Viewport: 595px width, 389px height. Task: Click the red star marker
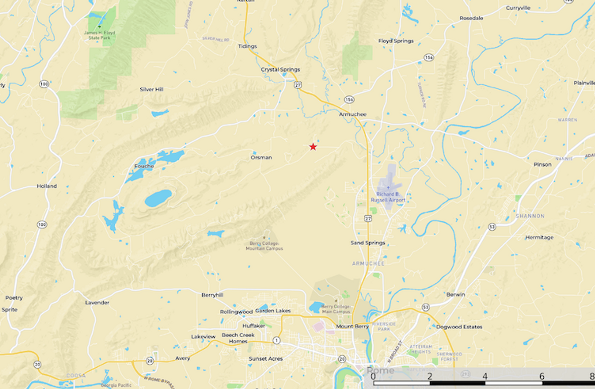(313, 147)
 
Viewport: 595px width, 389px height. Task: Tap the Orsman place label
(261, 158)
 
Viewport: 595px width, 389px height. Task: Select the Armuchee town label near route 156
(352, 114)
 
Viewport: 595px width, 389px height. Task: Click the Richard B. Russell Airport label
(391, 197)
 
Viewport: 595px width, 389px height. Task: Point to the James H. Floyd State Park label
(99, 35)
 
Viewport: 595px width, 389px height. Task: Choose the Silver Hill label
(152, 89)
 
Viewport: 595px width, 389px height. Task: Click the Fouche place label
(144, 166)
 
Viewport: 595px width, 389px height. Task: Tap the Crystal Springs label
(280, 70)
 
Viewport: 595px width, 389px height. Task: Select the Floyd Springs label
(396, 41)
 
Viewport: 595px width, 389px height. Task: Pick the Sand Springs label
(368, 243)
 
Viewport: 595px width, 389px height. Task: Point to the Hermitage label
(539, 237)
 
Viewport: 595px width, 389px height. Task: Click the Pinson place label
(543, 164)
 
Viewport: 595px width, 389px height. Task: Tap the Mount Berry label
(352, 327)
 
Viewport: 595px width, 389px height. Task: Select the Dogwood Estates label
(459, 327)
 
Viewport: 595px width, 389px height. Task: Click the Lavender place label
(97, 302)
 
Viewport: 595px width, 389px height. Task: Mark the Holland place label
(47, 186)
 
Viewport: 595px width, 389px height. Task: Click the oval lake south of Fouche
(158, 198)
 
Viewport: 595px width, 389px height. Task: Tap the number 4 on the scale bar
(485, 376)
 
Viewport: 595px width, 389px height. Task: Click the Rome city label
(381, 370)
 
